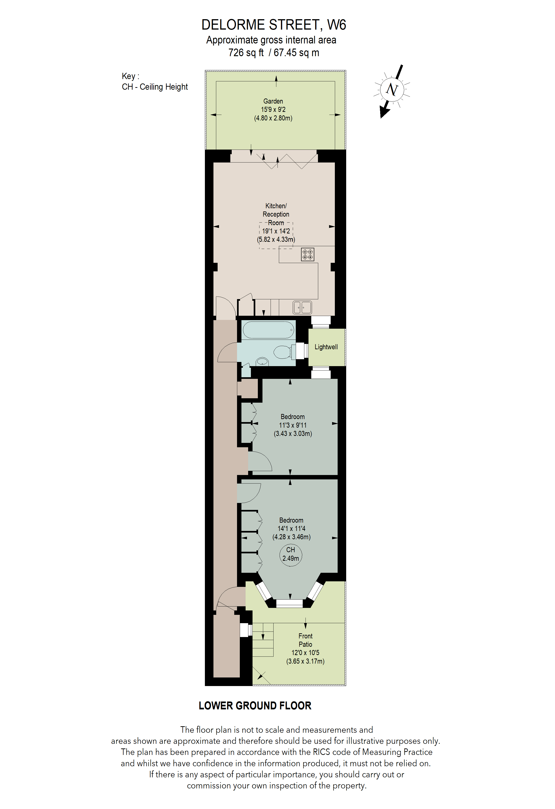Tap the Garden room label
tap(273, 101)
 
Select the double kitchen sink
tap(302, 307)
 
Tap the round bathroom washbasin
tap(262, 362)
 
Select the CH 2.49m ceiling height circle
tap(290, 554)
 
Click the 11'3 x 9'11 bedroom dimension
tap(293, 425)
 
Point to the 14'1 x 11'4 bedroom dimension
tap(291, 528)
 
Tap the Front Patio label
tap(305, 640)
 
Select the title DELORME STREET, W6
tap(274, 25)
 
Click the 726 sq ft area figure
tap(246, 52)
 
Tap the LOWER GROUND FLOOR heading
tap(255, 706)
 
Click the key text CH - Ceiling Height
tap(155, 87)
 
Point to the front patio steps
tap(263, 640)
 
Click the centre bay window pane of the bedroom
tap(289, 603)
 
